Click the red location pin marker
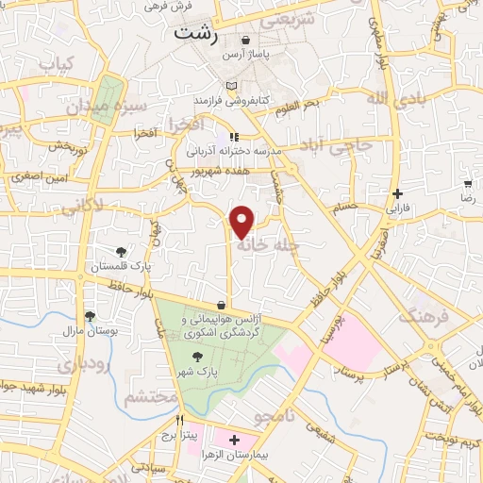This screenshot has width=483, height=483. point(243,222)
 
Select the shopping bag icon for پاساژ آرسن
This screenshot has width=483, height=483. point(247,42)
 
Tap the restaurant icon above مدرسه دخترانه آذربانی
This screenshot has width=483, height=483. point(234,137)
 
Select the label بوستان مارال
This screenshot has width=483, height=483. point(90,331)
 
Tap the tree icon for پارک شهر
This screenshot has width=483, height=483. point(197,357)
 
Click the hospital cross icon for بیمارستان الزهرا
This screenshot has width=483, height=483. point(234,440)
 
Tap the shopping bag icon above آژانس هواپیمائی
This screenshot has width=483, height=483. point(221,305)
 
